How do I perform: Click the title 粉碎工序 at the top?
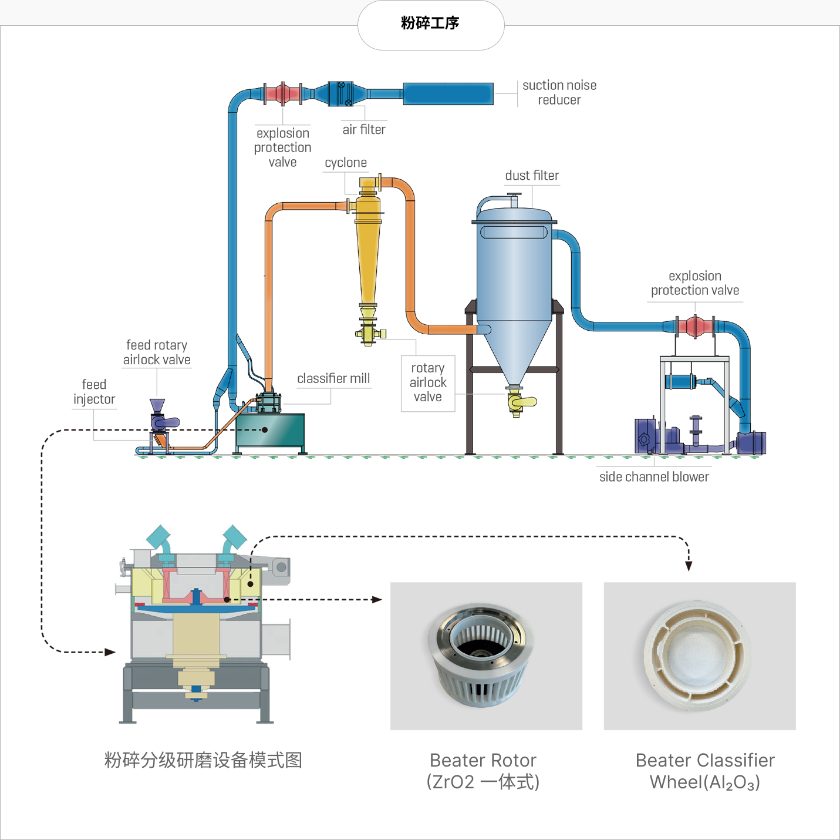click(x=430, y=23)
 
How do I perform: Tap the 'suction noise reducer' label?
click(x=559, y=92)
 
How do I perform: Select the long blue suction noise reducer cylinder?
click(x=448, y=94)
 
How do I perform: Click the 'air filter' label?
click(x=364, y=129)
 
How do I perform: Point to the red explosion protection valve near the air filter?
click(x=282, y=93)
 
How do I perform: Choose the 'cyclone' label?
click(x=346, y=162)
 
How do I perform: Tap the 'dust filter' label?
click(x=532, y=176)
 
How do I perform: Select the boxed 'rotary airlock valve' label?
click(x=428, y=382)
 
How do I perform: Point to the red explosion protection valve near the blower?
click(x=695, y=326)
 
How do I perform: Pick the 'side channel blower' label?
click(x=654, y=476)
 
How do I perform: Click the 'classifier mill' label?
click(x=333, y=378)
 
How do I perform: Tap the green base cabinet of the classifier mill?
click(x=270, y=430)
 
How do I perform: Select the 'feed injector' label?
click(x=94, y=391)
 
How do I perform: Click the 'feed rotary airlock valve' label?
click(x=157, y=352)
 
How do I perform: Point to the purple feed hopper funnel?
click(x=157, y=405)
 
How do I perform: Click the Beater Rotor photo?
click(x=486, y=656)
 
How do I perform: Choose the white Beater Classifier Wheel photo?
click(x=700, y=656)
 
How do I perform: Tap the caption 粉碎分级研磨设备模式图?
click(x=203, y=760)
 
